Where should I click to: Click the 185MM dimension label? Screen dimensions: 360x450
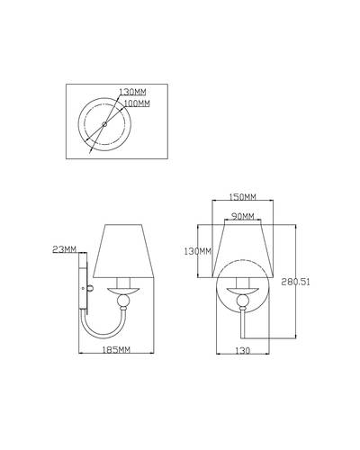[116, 349]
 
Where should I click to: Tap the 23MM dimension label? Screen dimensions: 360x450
[65, 249]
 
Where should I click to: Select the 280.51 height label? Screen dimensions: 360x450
[295, 282]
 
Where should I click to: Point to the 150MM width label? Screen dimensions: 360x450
[242, 197]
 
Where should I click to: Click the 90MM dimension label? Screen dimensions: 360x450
[243, 216]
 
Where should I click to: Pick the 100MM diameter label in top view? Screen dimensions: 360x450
[137, 103]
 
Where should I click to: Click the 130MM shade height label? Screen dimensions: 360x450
[198, 251]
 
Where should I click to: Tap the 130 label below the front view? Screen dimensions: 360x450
[242, 350]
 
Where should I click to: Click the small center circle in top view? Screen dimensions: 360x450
[104, 123]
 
